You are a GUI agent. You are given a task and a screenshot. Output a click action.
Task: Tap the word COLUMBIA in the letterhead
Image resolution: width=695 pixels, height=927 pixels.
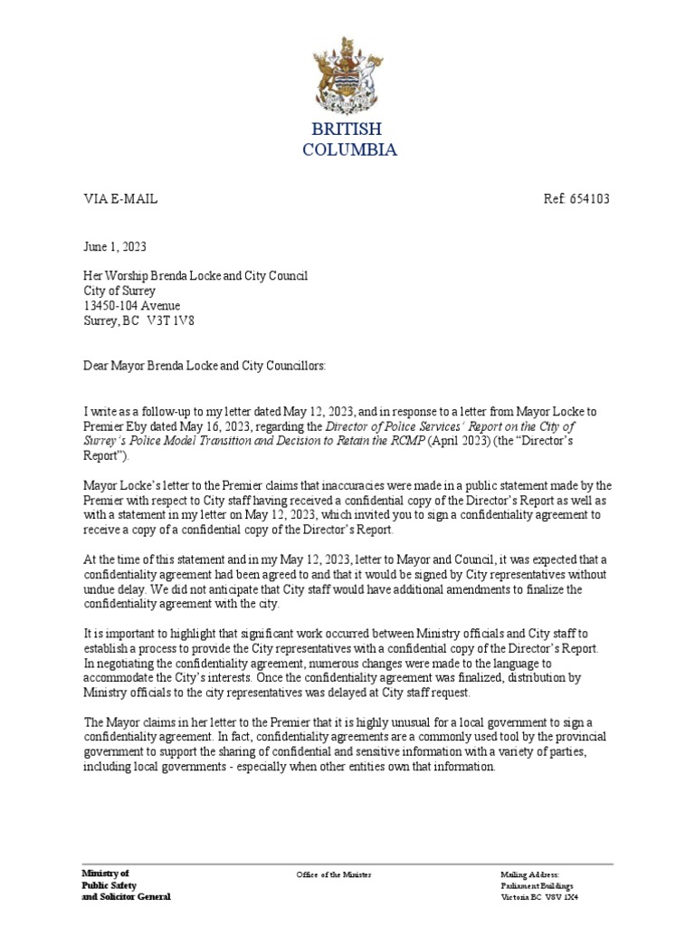348,150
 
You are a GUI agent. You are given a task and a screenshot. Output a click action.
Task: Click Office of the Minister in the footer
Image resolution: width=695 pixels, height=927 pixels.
334,874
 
